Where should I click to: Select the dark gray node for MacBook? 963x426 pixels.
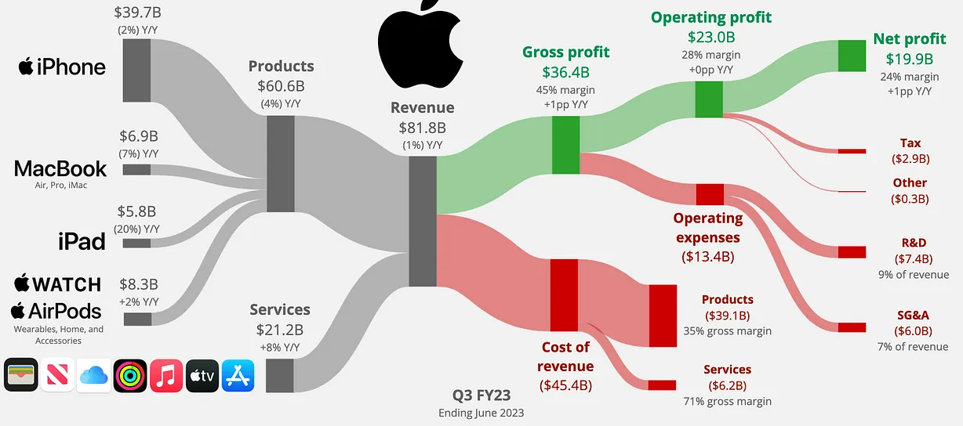pos(136,169)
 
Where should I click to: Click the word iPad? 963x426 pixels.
pos(82,241)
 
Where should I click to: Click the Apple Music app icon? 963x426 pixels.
pos(166,376)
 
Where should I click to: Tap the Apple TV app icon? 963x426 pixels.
pos(202,376)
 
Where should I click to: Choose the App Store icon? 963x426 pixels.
pos(238,376)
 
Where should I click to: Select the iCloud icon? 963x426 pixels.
pos(94,376)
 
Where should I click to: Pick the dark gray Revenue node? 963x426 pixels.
pos(422,222)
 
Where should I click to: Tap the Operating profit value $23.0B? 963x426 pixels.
pos(711,37)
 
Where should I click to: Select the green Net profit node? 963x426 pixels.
pos(851,56)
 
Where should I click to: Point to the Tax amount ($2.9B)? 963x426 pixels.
pos(910,159)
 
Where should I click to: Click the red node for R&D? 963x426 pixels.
pos(851,251)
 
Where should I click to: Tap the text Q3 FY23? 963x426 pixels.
pos(481,396)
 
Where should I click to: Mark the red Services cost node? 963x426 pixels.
pos(661,384)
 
